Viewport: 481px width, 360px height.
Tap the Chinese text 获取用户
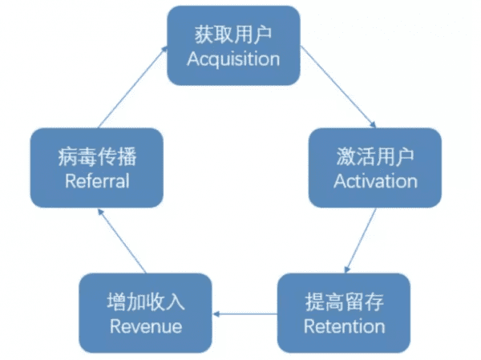coord(233,34)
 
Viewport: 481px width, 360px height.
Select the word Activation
coord(375,180)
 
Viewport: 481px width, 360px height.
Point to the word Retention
coord(344,326)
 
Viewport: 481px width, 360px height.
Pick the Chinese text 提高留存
coord(344,302)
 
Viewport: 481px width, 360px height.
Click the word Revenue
coord(145,326)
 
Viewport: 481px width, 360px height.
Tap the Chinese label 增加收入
coord(145,302)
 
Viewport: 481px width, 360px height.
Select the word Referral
coord(96,180)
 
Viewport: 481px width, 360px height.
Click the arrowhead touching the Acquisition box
coord(164,49)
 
